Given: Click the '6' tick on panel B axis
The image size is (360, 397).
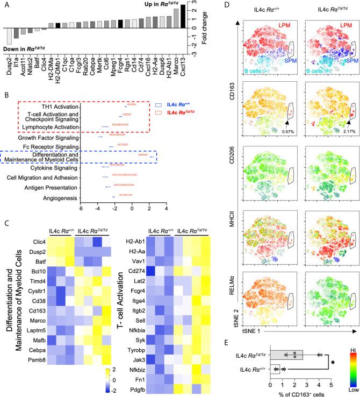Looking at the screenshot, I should [81, 209].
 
